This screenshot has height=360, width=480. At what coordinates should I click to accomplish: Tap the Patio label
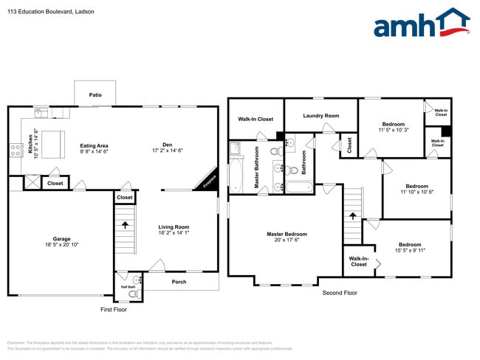coord(95,95)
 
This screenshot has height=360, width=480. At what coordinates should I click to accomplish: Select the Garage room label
coord(61,239)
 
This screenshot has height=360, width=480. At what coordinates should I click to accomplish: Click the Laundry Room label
coord(320,115)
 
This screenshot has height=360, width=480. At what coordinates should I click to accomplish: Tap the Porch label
coord(179,282)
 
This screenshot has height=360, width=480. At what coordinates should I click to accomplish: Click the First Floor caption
coord(114,310)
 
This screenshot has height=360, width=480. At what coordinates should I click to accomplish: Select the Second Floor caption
coord(340,293)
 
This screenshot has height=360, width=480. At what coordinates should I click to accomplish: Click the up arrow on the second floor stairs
coord(352,216)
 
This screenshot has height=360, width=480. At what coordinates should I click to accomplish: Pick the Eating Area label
coord(95,145)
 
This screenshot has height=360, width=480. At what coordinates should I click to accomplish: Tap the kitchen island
coord(52,140)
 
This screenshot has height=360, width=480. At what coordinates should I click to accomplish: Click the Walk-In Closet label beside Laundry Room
coord(256,119)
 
